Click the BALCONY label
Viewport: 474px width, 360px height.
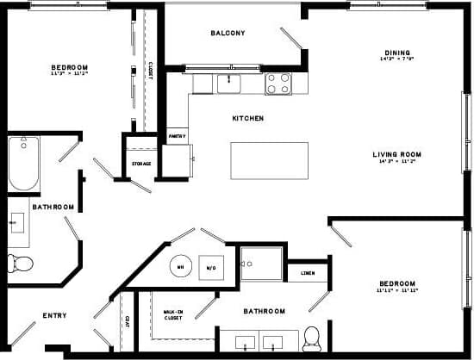228,34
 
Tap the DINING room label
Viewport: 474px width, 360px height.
398,52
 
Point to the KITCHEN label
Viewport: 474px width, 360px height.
248,118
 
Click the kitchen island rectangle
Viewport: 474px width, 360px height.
269,160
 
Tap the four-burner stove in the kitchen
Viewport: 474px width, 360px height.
278,84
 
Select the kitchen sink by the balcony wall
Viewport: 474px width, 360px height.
228,84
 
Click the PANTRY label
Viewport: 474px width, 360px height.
178,136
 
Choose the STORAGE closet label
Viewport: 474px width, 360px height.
141,164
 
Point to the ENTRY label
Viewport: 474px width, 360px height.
54,315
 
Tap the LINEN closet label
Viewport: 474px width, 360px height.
308,273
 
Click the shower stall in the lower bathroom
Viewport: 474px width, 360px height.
262,264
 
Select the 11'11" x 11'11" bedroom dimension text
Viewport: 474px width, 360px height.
396,291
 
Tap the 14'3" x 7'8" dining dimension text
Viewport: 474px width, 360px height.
398,59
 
